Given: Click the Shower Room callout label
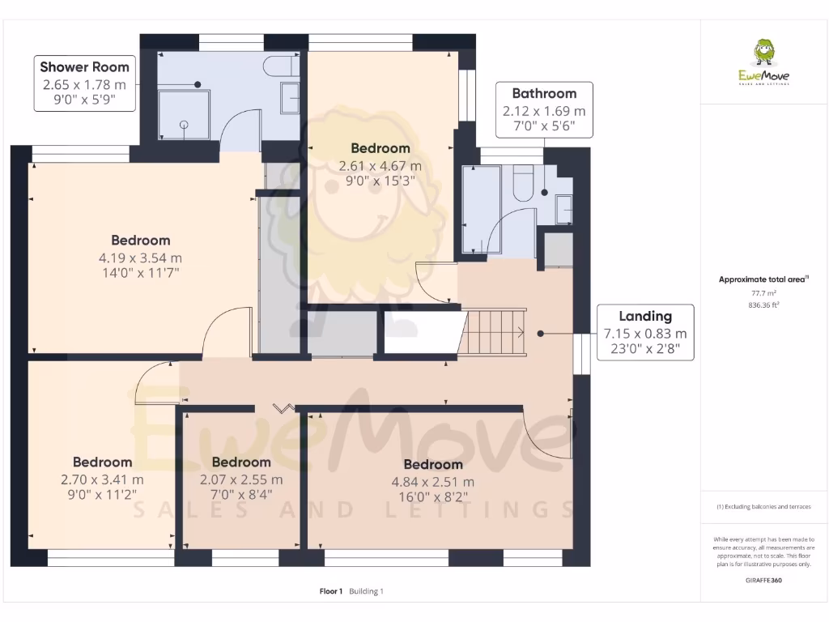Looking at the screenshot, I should [x=85, y=83].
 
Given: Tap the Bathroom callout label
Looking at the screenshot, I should [x=544, y=109].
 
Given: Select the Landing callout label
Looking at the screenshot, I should [x=645, y=332].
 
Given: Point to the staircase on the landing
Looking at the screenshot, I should [x=494, y=332].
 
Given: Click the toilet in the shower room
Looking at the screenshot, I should [x=284, y=66].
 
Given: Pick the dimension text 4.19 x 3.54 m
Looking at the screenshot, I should [x=141, y=258].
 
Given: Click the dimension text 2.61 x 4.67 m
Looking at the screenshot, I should [x=380, y=166].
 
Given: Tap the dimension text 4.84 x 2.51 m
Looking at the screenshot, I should [x=433, y=482].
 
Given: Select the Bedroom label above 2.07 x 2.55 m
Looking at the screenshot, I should [x=241, y=462].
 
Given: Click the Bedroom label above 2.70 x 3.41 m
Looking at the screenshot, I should [x=102, y=462].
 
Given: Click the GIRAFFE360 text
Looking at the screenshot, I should [x=763, y=580].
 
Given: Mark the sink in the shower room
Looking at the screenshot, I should [x=290, y=97].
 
